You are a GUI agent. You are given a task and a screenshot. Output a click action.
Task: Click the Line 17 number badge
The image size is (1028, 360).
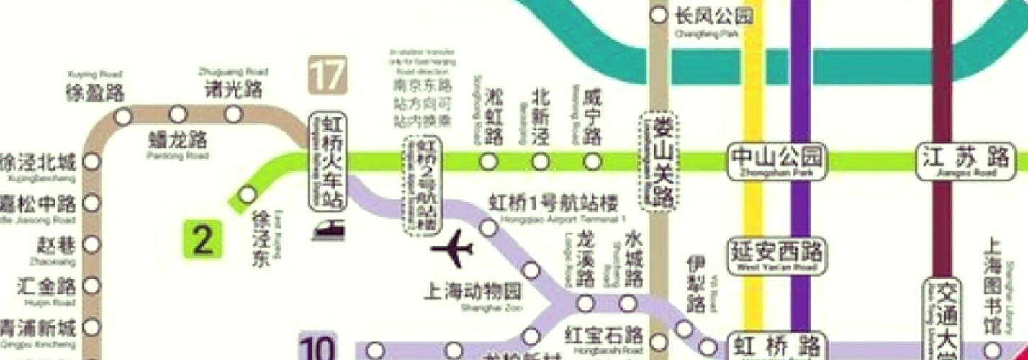pyautogui.click(x=328, y=75)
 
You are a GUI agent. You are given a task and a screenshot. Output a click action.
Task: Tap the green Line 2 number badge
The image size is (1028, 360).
pyautogui.click(x=202, y=240)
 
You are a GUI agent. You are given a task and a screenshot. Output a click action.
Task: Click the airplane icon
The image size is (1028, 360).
pyautogui.click(x=452, y=251)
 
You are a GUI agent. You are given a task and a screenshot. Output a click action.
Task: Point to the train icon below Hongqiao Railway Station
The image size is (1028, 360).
pyautogui.click(x=328, y=230)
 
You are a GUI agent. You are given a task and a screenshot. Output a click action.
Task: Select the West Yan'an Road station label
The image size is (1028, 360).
pyautogui.click(x=776, y=256)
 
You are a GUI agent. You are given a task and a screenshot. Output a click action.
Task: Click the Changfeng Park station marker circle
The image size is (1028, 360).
pyautogui.click(x=658, y=15)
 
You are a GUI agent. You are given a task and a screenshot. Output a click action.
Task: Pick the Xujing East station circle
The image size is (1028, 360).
pyautogui.click(x=247, y=194)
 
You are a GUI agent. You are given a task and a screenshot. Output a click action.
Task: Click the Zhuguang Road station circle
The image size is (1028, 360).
pyautogui.click(x=233, y=114)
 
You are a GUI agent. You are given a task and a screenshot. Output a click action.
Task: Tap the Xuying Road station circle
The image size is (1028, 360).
pyautogui.click(x=124, y=115)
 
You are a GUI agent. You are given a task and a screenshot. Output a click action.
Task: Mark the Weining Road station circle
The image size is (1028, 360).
pyautogui.click(x=592, y=161)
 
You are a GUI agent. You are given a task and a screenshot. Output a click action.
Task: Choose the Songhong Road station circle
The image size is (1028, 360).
pyautogui.click(x=489, y=161)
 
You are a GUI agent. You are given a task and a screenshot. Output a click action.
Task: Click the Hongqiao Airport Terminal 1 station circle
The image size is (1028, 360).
pyautogui.click(x=489, y=228)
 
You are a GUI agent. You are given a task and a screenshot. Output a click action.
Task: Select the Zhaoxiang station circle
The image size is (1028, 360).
pyautogui.click(x=91, y=245)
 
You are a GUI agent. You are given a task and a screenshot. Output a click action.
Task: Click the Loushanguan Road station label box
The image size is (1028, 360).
pyautogui.click(x=659, y=161)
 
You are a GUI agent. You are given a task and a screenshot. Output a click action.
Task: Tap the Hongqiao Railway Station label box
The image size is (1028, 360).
pyautogui.click(x=328, y=161)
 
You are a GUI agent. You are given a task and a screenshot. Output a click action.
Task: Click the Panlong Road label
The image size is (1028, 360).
pyautogui.click(x=177, y=142)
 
